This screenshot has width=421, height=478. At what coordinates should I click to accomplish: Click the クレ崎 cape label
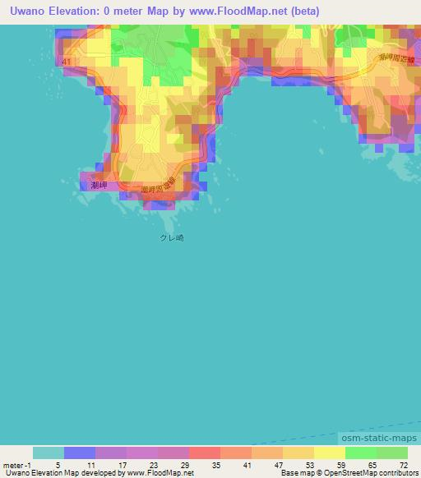(171, 237)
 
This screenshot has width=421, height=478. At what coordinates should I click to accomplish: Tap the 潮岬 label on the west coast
(91, 186)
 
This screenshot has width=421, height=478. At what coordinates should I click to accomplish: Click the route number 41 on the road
(67, 62)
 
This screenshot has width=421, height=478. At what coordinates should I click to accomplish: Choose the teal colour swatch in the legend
(49, 453)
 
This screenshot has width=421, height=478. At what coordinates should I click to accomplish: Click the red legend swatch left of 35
(205, 453)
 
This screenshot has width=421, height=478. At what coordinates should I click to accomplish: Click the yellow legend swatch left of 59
(330, 453)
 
